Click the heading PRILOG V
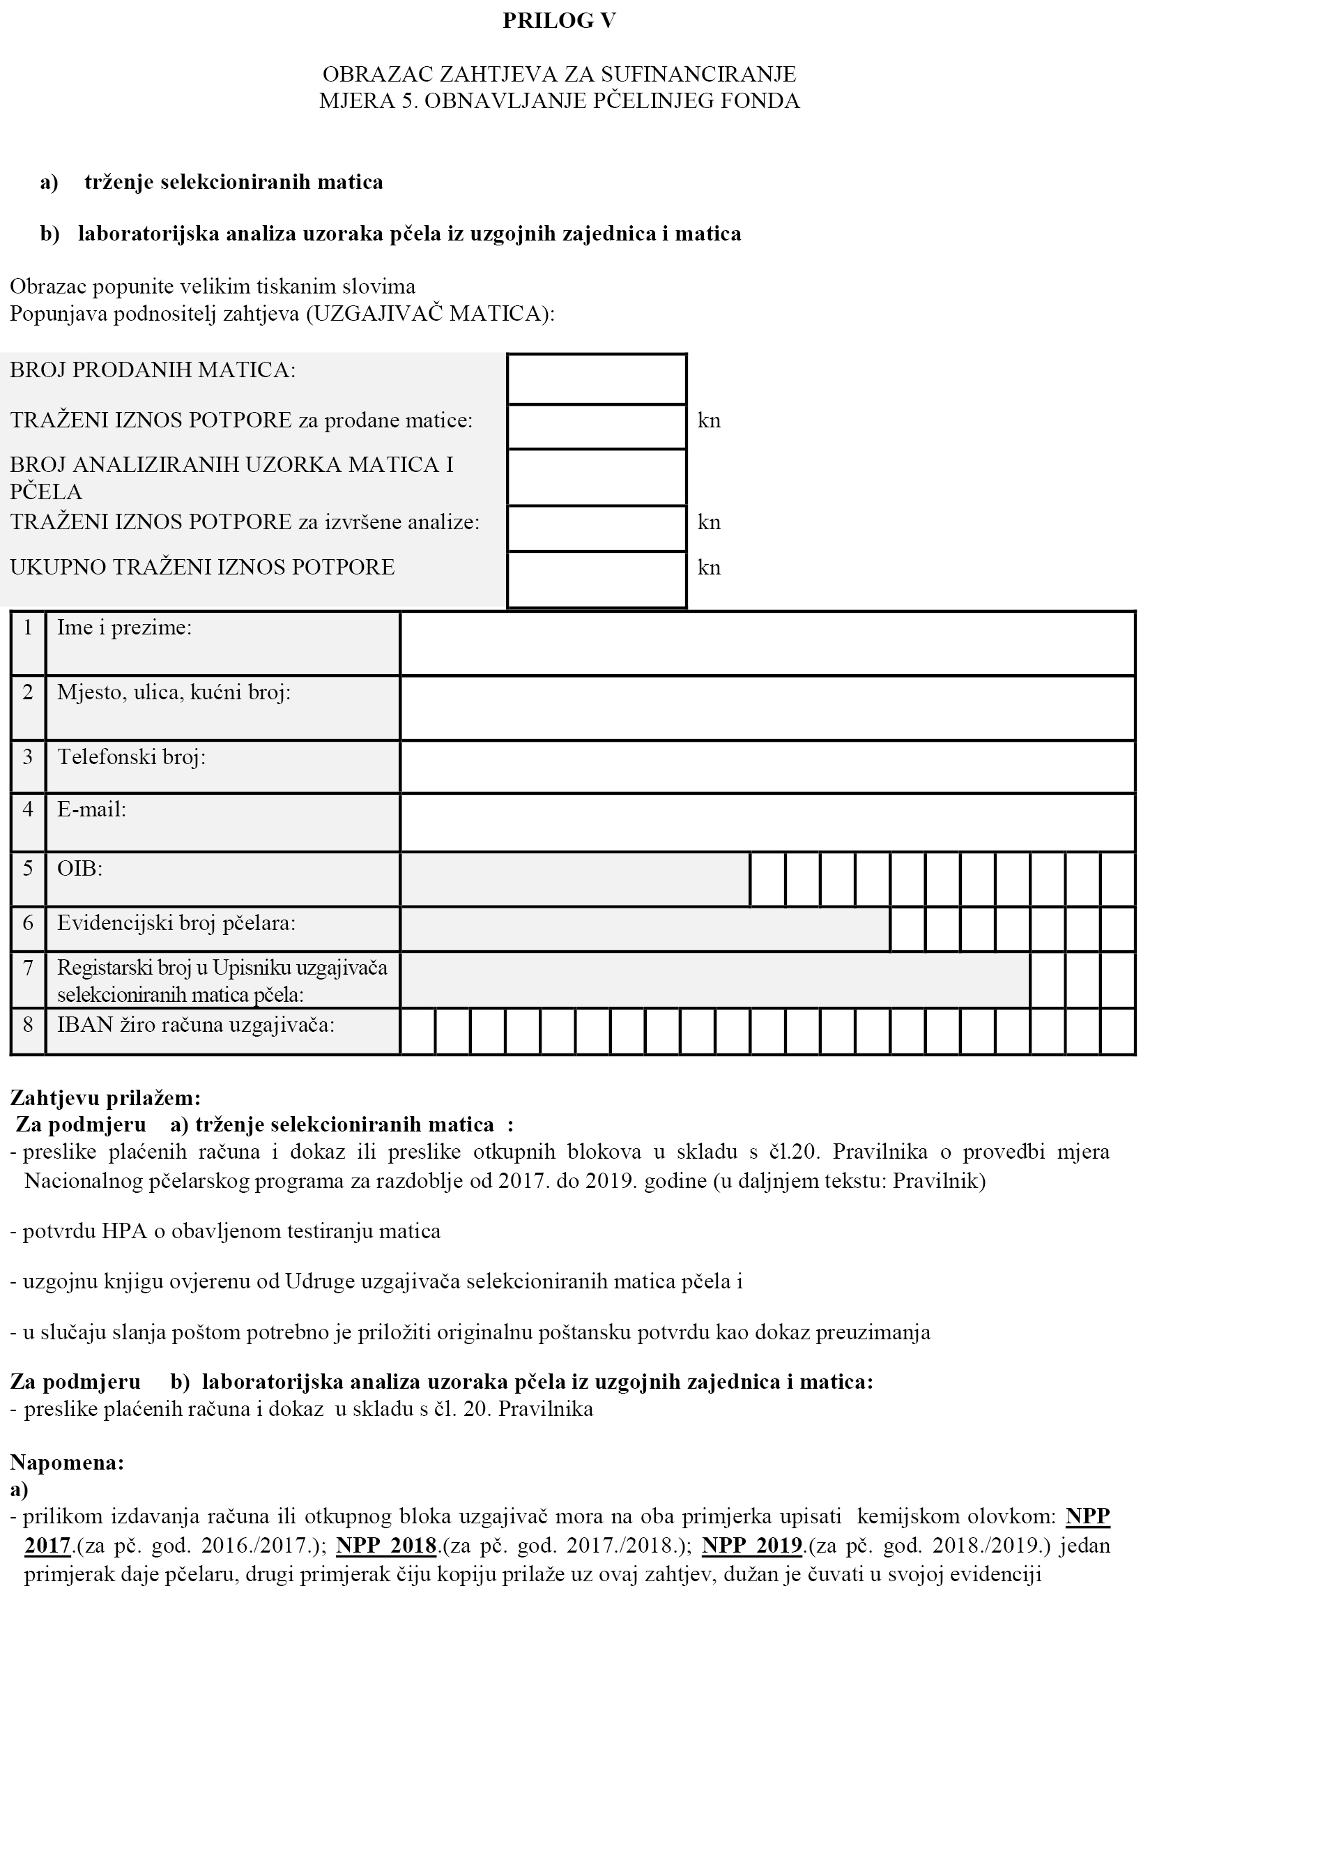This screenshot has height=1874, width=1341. pyautogui.click(x=559, y=22)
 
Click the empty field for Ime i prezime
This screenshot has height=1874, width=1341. pyautogui.click(x=767, y=643)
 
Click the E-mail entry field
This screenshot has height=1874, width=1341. pyautogui.click(x=767, y=822)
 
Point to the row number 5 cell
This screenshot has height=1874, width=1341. pyautogui.click(x=28, y=878)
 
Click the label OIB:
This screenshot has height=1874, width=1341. pyautogui.click(x=79, y=869)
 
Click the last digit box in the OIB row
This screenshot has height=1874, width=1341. pyautogui.click(x=1118, y=878)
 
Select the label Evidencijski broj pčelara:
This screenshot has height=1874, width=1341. pyautogui.click(x=176, y=923)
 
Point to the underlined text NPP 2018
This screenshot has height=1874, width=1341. pyautogui.click(x=386, y=1546)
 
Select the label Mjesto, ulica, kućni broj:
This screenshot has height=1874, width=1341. pyautogui.click(x=174, y=692)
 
